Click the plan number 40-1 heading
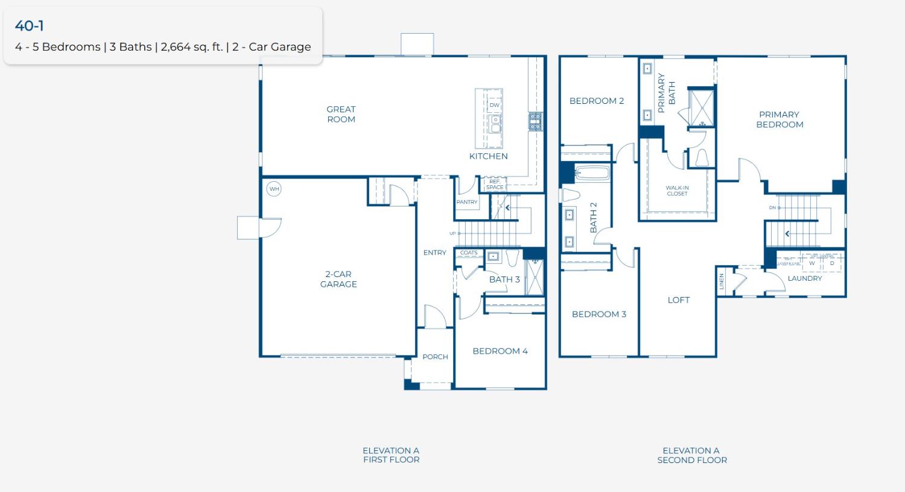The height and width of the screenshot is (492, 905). pos(29,25)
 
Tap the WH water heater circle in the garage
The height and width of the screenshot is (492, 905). pos(275,189)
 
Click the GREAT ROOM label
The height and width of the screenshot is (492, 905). pos(341,114)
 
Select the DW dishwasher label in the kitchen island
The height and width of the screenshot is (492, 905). pos(495,105)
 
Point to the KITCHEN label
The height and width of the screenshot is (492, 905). pos(488,156)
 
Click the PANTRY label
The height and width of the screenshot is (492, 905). pos(467,202)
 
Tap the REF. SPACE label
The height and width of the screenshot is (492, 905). pos(495,184)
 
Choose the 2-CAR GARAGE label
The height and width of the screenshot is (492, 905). pos(338,279)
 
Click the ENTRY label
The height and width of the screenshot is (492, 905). pos(434,253)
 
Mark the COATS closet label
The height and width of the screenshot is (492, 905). pos(469,253)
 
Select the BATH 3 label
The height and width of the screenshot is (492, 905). pos(504,280)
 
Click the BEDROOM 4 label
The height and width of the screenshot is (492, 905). pos(500,351)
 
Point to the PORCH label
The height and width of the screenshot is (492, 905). pos(435,357)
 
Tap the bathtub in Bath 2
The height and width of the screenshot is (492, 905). pos(592,174)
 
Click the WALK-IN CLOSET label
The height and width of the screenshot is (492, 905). pos(677,191)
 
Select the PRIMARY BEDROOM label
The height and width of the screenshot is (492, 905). pos(780,120)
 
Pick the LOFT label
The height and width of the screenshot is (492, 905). pos(678,300)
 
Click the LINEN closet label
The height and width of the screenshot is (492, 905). pos(722,281)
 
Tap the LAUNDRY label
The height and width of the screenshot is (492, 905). pos(805,278)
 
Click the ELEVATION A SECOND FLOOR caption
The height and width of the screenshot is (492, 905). pos(692,455)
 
